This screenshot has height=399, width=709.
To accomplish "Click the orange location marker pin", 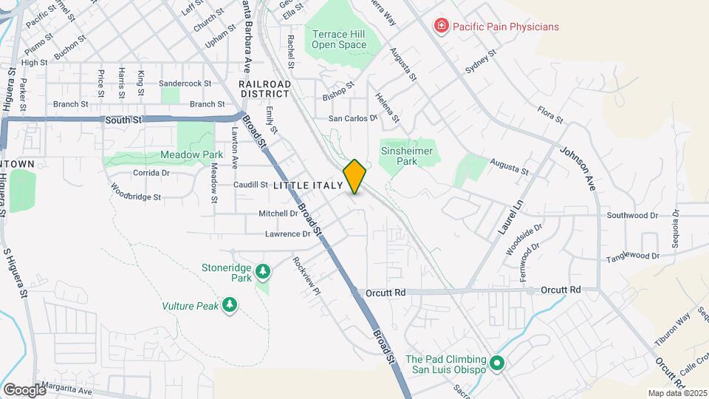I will pos(355,177).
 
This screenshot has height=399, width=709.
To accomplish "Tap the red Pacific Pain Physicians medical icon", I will pos(442,27).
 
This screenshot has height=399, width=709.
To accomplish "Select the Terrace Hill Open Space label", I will pos(339,39).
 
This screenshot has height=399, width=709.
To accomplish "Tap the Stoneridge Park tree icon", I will pos(264,273).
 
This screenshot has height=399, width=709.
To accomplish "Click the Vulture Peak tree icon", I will pos(230,304).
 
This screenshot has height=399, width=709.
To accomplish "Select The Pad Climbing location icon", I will pos(498,364).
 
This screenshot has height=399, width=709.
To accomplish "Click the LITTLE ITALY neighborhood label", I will pos(308,185).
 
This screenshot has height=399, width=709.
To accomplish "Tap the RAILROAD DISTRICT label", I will pos(265,89).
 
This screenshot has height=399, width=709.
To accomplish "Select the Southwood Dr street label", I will pos(632,215).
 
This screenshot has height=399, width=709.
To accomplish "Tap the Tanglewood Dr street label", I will pos(632,256).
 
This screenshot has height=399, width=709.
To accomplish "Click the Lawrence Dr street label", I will pos(288,234).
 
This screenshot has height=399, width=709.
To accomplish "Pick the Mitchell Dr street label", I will pos(278,213).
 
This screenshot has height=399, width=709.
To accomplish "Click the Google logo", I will pos(24,389).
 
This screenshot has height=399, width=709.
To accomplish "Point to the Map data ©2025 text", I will pos(676,393).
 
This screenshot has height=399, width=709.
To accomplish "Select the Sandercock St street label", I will pos(185,84).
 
